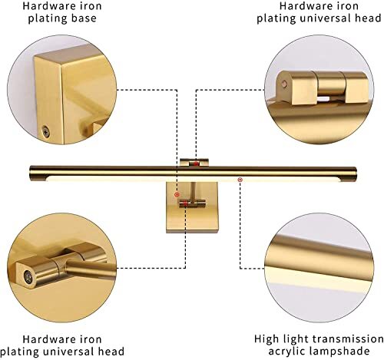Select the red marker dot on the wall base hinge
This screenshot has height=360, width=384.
177,195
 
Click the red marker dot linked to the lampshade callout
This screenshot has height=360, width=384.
240,180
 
